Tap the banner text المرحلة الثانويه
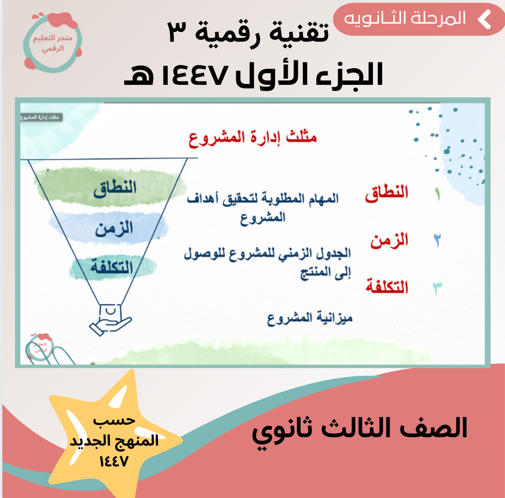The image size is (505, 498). pos(405,19)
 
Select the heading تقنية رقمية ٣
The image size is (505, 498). pos(248,32)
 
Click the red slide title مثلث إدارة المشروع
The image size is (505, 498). pos(253,138)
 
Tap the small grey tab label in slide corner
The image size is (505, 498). pos(41,117)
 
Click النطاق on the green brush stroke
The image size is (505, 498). pos(115,189)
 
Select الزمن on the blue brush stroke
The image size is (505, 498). pos(114,229)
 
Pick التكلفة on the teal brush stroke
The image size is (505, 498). pos(112,267)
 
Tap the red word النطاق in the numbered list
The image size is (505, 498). pos(386,193)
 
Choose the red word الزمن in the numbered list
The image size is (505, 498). pos(389,241)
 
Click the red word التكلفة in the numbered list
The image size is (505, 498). pos(387,286)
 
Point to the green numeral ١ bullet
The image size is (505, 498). pos(437,194)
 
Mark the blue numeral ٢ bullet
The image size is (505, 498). pos(437,240)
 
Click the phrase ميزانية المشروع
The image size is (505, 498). pos(310,319)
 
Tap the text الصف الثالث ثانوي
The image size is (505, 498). pos(360,430)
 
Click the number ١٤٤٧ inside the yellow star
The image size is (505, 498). pos(114,461)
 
